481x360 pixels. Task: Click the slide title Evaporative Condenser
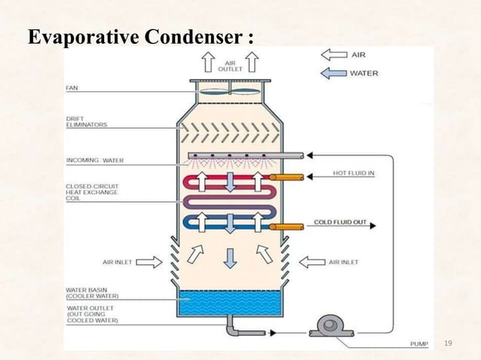tap(139, 37)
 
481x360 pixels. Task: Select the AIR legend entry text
tap(360, 55)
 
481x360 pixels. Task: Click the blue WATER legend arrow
tap(333, 73)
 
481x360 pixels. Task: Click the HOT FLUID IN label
tap(354, 173)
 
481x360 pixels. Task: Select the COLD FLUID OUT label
tap(341, 222)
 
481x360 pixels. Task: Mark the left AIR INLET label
tap(117, 262)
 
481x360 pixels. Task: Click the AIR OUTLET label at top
tap(230, 66)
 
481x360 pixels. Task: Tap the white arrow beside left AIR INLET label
tap(149, 262)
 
